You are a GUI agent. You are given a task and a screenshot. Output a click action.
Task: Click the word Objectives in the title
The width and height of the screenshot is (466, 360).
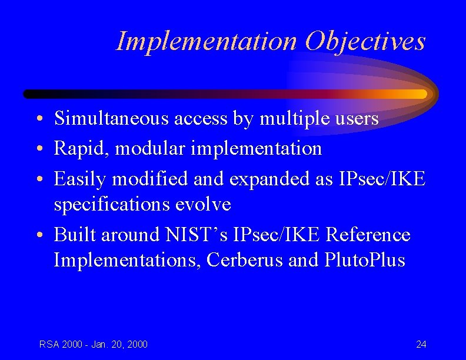click(x=365, y=41)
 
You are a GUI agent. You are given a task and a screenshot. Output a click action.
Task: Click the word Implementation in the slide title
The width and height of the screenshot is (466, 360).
click(x=207, y=41)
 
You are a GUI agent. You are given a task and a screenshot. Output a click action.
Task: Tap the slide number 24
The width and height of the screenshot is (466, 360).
click(x=421, y=344)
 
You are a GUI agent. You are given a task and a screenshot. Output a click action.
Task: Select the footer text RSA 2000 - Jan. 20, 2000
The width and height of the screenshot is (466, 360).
click(x=94, y=344)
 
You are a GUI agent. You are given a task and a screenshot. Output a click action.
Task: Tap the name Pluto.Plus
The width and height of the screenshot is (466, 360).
click(x=365, y=261)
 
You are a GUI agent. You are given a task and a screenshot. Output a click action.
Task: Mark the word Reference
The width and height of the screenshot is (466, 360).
click(x=368, y=235)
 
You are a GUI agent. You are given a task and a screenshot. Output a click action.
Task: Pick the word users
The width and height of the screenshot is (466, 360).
click(x=357, y=119)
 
